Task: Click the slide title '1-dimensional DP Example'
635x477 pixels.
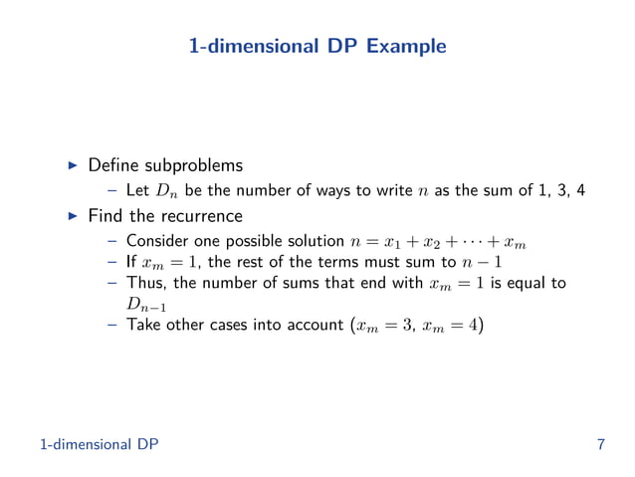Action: (x=317, y=46)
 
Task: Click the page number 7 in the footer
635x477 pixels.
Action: (x=600, y=443)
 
